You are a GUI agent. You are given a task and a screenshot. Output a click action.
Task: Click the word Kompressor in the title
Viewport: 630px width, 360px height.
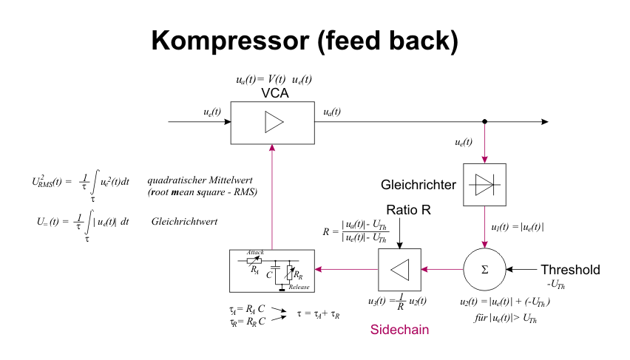pyautogui.click(x=230, y=41)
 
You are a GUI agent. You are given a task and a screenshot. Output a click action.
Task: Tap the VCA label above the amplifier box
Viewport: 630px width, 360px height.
pyautogui.click(x=275, y=93)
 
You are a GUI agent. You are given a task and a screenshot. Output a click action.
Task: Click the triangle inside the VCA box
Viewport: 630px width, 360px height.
pyautogui.click(x=274, y=122)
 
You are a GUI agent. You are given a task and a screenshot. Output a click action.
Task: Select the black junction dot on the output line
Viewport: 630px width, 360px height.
pyautogui.click(x=484, y=121)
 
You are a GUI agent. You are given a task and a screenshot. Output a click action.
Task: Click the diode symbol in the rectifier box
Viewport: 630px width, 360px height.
pyautogui.click(x=484, y=185)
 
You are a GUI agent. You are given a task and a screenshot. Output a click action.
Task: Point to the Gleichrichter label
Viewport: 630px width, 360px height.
pyautogui.click(x=419, y=185)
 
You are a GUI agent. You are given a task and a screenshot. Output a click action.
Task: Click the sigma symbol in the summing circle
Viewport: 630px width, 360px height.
pyautogui.click(x=484, y=270)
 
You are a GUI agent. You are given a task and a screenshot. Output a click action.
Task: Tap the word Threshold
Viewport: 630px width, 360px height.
pyautogui.click(x=570, y=270)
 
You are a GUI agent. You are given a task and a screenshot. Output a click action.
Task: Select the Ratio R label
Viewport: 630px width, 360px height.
pyautogui.click(x=408, y=210)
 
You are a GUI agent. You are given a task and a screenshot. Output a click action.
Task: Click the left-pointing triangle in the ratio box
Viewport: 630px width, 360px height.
pyautogui.click(x=400, y=270)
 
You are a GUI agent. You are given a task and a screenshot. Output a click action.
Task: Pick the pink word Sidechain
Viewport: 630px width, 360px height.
pyautogui.click(x=399, y=330)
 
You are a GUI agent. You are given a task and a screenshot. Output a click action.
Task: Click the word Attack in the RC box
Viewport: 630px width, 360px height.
pyautogui.click(x=255, y=252)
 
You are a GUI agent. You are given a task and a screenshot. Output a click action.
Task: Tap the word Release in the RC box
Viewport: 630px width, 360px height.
pyautogui.click(x=299, y=287)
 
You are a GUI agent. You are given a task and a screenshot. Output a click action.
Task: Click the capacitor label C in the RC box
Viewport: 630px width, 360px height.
pyautogui.click(x=269, y=275)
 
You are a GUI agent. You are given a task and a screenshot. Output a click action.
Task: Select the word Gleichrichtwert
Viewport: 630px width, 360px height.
pyautogui.click(x=184, y=221)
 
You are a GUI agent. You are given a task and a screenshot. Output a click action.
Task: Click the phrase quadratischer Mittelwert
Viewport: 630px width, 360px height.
pyautogui.click(x=200, y=180)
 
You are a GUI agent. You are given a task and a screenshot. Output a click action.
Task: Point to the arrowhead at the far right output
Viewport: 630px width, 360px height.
pyautogui.click(x=545, y=121)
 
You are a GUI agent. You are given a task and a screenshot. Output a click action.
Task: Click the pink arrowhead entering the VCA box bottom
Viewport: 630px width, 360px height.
pyautogui.click(x=272, y=147)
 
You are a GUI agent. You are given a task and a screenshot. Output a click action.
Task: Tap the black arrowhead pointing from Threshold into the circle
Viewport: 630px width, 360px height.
pyautogui.click(x=509, y=269)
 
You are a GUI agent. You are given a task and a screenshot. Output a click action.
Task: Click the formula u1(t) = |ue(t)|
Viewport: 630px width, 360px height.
pyautogui.click(x=518, y=227)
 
